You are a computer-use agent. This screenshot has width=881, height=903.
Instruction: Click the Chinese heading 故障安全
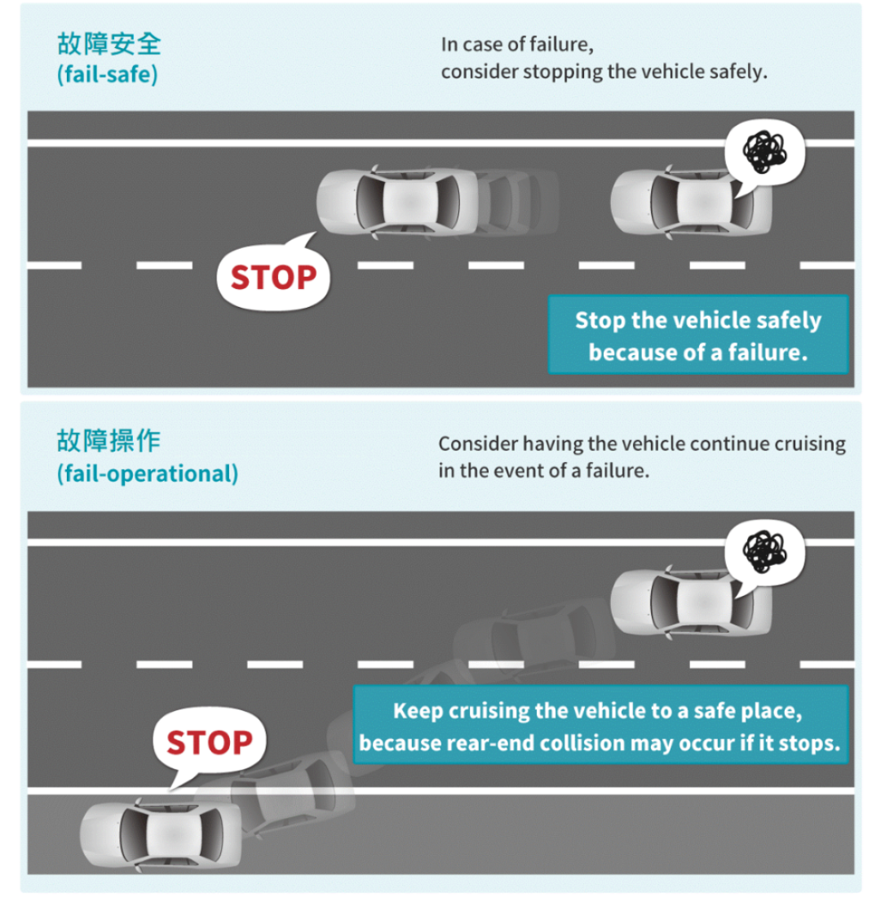click(x=108, y=44)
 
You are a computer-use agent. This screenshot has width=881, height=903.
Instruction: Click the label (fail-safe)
click(x=107, y=74)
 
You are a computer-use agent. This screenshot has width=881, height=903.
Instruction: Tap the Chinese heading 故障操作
click(x=108, y=441)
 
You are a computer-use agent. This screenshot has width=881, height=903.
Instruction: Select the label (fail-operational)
click(x=148, y=474)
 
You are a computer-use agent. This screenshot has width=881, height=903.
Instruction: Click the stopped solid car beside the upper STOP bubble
click(x=397, y=202)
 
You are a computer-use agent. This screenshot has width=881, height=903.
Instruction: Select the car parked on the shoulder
click(x=161, y=834)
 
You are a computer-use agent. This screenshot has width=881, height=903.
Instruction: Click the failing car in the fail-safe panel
click(x=691, y=202)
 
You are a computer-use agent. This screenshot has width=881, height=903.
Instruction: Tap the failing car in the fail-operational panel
click(x=691, y=603)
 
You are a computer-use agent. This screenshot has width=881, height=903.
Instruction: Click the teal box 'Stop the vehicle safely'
click(x=698, y=336)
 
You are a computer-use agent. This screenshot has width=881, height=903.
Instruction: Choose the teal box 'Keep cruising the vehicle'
click(x=600, y=725)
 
